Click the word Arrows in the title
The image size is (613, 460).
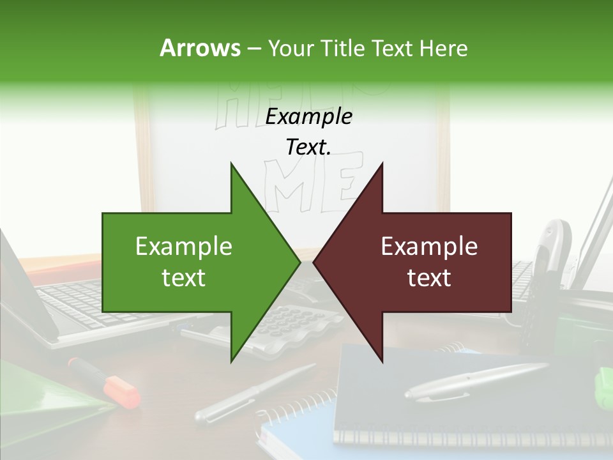pos(200,48)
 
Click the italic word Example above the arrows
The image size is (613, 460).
pos(308,116)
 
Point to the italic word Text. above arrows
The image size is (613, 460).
pos(308,147)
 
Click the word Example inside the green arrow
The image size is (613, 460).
pos(184,246)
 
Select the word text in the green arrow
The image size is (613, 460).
pos(184,278)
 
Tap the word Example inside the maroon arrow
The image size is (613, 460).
pos(429,246)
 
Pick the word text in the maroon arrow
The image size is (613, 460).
pos(429,278)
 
